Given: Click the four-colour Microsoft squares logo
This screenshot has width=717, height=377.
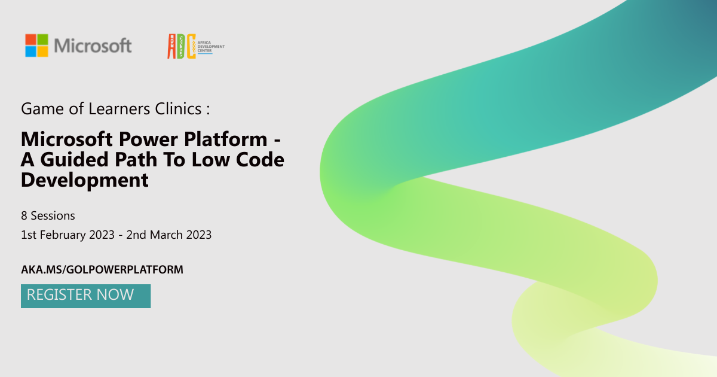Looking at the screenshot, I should (x=36, y=45).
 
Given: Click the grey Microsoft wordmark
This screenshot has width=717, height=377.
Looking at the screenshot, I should (x=93, y=46).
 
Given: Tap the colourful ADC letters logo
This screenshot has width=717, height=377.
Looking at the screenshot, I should (x=182, y=47).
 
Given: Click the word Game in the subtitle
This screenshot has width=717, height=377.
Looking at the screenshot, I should (x=38, y=109).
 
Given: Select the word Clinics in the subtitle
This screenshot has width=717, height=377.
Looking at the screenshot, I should (x=179, y=109).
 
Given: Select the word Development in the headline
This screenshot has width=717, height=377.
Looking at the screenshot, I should (x=84, y=180).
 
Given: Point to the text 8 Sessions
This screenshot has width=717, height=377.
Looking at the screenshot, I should (x=48, y=215).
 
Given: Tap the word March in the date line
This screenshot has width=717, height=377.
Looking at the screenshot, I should (x=166, y=235).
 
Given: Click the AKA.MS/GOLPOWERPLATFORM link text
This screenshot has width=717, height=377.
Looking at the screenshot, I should (x=102, y=270).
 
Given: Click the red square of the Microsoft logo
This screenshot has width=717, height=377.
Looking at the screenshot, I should (x=30, y=39).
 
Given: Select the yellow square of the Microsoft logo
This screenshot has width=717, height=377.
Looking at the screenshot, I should (x=42, y=51).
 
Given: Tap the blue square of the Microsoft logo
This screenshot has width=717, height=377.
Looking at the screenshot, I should (x=30, y=51).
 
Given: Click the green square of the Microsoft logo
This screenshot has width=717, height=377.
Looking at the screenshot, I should (x=42, y=39).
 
